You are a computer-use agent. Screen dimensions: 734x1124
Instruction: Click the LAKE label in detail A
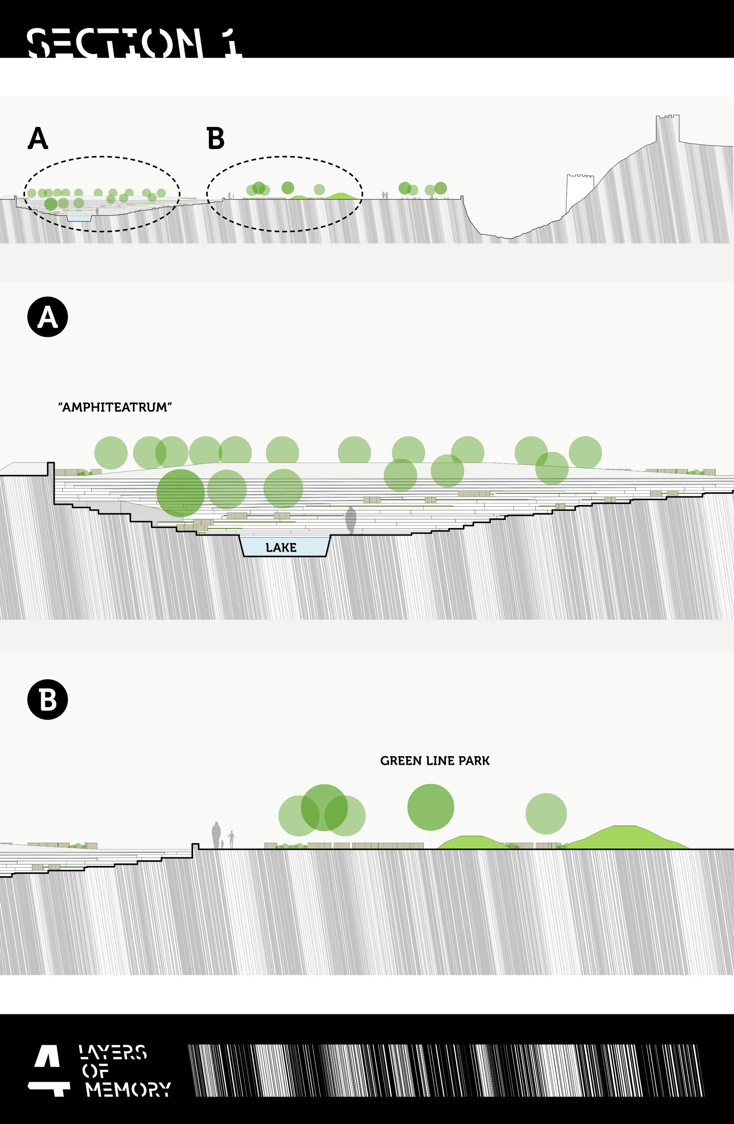tap(281, 547)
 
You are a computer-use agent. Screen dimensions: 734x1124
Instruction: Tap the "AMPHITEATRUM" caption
tap(115, 407)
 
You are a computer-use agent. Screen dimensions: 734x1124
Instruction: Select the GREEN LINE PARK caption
tap(435, 761)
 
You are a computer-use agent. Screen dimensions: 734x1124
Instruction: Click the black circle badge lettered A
tap(48, 317)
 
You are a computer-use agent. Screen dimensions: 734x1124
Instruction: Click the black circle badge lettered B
tap(48, 700)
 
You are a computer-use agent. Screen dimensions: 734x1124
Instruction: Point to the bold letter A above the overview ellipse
tap(38, 138)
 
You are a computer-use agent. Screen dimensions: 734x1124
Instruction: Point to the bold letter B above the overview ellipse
tap(215, 138)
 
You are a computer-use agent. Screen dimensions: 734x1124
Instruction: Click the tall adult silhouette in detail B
tap(216, 835)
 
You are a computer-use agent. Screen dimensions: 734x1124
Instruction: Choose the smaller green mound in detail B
tap(474, 843)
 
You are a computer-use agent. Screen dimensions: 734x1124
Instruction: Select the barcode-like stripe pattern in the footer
tap(446, 1070)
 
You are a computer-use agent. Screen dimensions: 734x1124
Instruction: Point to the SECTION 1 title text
tap(135, 43)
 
